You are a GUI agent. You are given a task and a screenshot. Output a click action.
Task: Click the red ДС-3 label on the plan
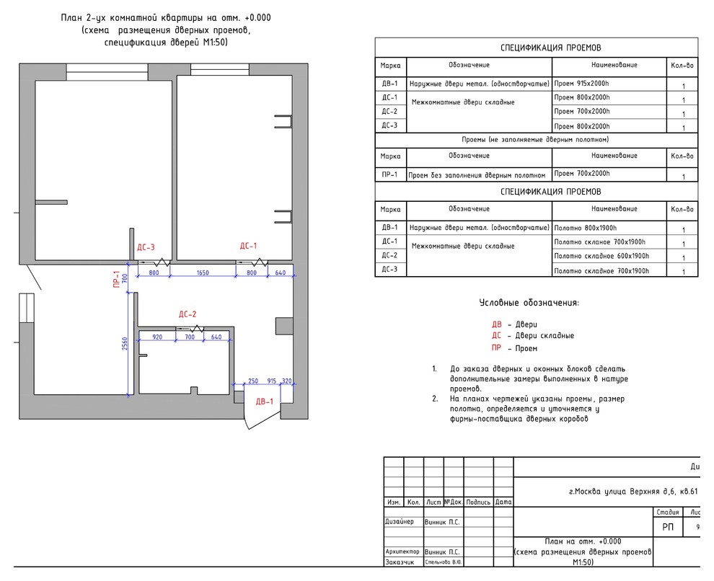tap(146, 247)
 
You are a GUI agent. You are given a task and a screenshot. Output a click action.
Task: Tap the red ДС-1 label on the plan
tap(248, 246)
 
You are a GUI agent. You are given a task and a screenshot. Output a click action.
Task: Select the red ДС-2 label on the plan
tap(188, 314)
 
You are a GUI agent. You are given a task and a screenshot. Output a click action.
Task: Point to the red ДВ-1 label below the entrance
tap(264, 402)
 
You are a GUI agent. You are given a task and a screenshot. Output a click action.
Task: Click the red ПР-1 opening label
tap(115, 279)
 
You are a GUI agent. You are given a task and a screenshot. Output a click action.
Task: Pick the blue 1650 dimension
tap(202, 273)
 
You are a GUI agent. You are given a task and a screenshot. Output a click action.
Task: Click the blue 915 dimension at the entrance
tap(272, 381)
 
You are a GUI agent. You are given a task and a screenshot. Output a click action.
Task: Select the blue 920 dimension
tap(157, 337)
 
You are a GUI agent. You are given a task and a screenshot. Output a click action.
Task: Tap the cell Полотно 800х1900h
tap(583, 228)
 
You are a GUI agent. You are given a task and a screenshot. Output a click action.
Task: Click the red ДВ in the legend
tap(496, 324)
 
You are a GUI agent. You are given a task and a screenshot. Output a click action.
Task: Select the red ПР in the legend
tap(496, 348)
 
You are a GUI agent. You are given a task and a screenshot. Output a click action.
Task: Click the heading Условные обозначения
tap(529, 303)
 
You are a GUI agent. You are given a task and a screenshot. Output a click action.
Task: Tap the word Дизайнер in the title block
tap(400, 520)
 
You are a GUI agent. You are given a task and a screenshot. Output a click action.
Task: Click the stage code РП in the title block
tap(669, 528)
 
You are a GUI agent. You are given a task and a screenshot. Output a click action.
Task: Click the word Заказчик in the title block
tap(400, 562)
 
